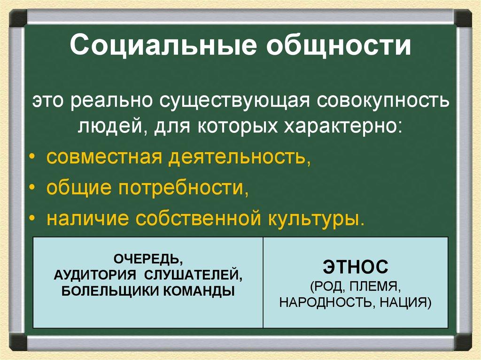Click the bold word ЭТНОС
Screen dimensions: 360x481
point(356,268)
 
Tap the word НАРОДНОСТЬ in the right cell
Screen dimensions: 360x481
point(324,302)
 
